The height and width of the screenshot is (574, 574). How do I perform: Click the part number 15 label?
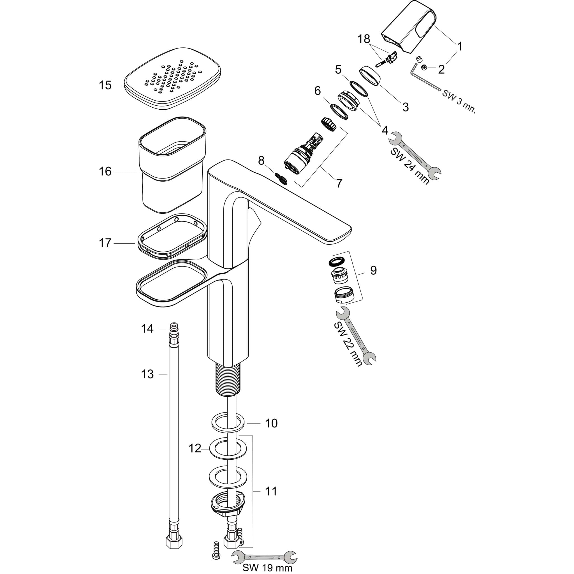point(105,85)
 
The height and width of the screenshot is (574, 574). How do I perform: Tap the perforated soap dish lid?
point(172,79)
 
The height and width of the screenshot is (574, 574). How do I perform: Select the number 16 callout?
point(105,172)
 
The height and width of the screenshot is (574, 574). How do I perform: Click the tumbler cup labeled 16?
point(172,165)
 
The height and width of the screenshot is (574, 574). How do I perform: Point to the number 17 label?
point(105,243)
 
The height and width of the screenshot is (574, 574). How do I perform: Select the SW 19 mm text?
point(267,568)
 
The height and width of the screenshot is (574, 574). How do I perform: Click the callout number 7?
point(339,183)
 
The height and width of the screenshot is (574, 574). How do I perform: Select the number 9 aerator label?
point(373,270)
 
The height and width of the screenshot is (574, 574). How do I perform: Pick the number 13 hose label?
point(147,374)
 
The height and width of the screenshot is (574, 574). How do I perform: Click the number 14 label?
point(147,329)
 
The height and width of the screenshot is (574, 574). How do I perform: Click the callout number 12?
point(195,448)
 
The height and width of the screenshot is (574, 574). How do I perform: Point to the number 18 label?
point(364,39)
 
